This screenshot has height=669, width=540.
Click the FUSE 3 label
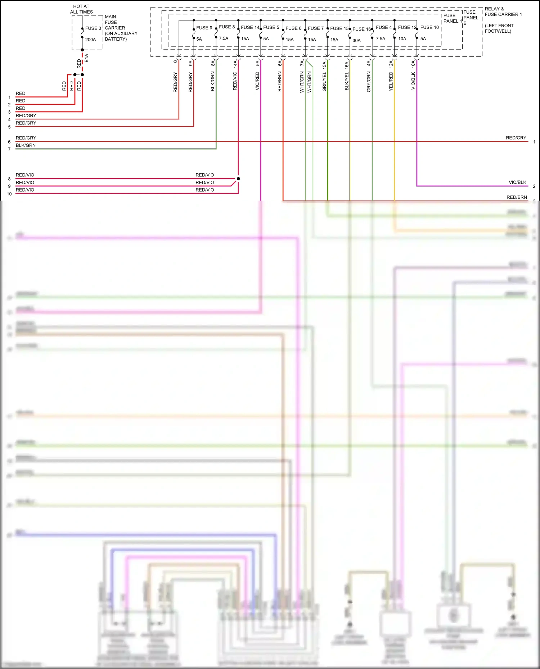tap(93, 28)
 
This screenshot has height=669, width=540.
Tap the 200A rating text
tap(90, 40)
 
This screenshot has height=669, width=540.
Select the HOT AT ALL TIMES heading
tap(81, 9)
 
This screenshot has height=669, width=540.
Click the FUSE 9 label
tap(204, 28)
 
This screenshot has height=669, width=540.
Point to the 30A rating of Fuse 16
tap(356, 41)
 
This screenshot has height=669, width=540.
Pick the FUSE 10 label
tap(429, 27)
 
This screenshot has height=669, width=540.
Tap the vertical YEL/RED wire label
tap(391, 82)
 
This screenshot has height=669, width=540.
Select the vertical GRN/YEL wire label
tap(324, 82)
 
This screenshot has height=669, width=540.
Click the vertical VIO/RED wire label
tap(257, 81)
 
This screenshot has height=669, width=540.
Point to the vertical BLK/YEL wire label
tap(347, 81)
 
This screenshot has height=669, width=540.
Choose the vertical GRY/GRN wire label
tap(369, 82)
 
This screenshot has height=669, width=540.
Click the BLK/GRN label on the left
tap(26, 145)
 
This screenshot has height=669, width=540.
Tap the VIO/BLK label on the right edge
tap(517, 182)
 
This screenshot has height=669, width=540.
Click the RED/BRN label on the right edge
tap(517, 197)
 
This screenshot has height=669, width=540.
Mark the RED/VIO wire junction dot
tap(238, 179)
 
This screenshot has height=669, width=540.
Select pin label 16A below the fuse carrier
tap(347, 65)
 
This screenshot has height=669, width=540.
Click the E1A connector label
tap(86, 58)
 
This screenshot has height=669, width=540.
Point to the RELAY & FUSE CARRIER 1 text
tap(503, 12)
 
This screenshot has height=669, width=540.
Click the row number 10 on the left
tap(9, 194)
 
